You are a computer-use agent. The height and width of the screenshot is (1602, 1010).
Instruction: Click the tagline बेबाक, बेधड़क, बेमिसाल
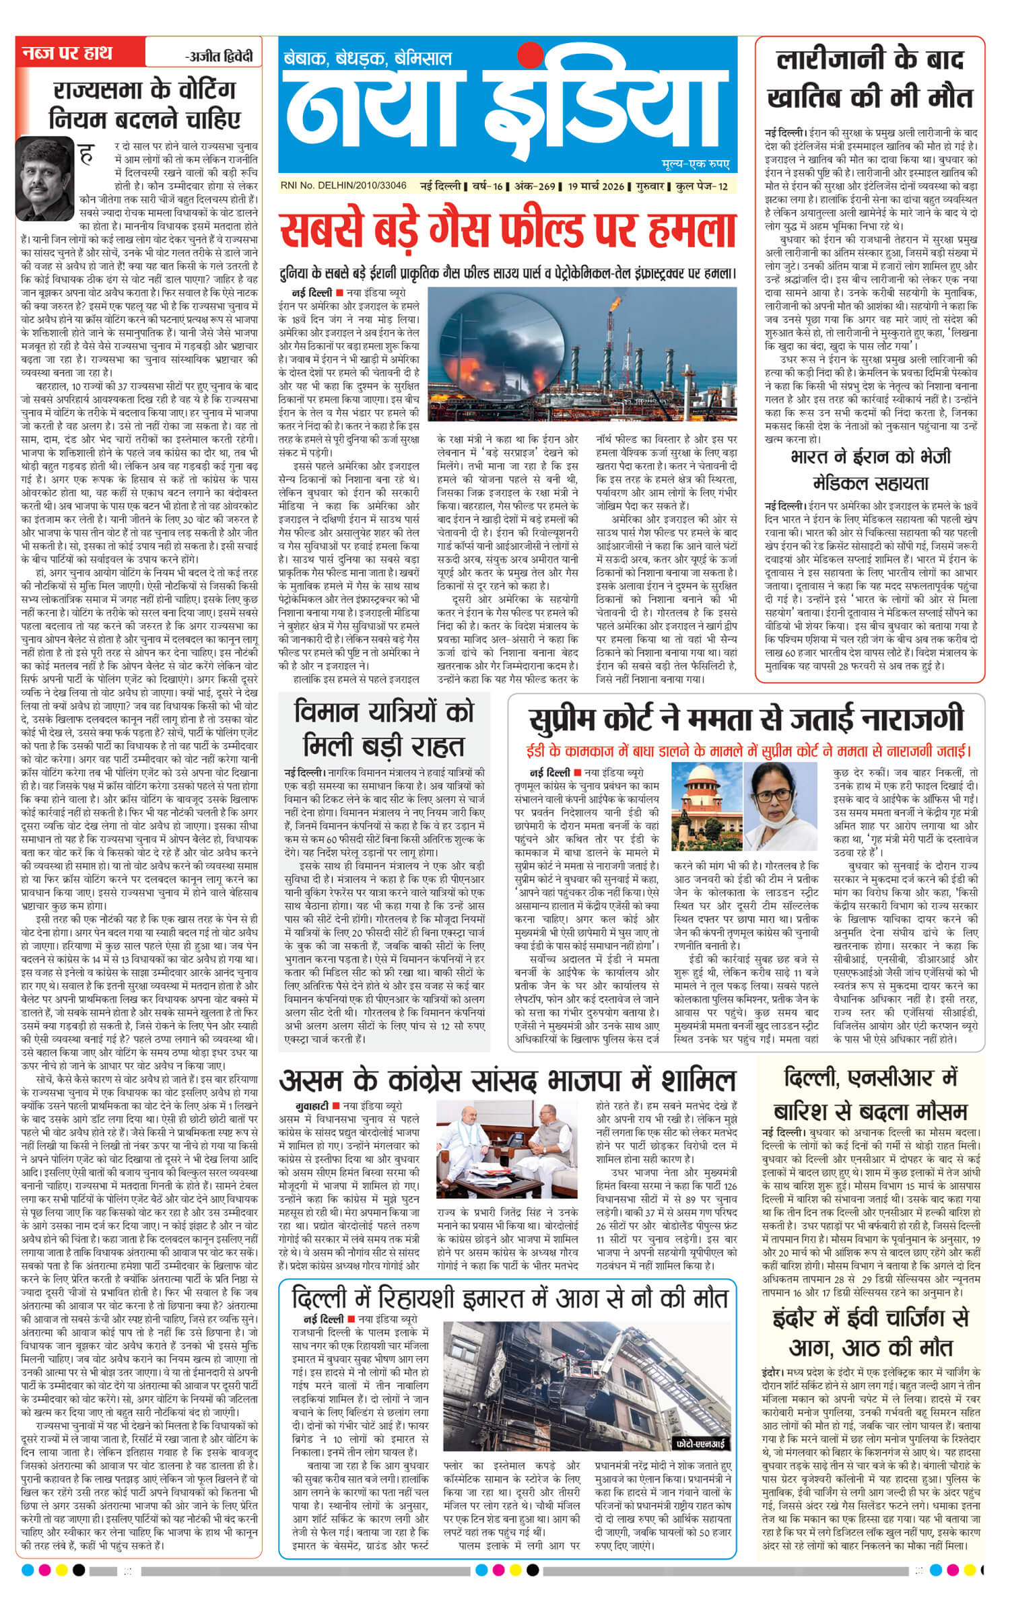[368, 58]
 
